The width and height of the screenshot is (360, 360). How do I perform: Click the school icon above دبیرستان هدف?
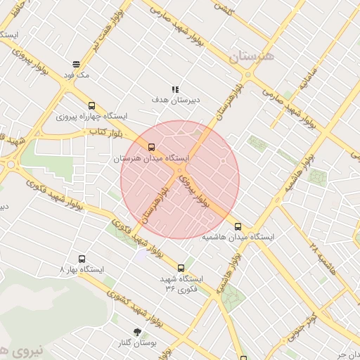176,89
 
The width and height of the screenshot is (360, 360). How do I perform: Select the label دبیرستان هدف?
176,100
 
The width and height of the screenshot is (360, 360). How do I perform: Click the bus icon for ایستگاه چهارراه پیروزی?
91,105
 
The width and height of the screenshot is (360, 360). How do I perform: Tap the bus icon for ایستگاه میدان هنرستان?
151,147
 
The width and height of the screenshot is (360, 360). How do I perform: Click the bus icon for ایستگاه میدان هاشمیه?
238,226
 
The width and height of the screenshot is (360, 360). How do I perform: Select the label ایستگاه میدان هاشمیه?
238,238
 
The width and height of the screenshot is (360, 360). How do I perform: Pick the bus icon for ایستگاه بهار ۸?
82,259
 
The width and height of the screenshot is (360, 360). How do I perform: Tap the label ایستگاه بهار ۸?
82,270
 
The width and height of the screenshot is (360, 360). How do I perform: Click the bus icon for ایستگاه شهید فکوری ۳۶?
181,267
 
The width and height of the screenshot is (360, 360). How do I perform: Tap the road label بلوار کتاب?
102,131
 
